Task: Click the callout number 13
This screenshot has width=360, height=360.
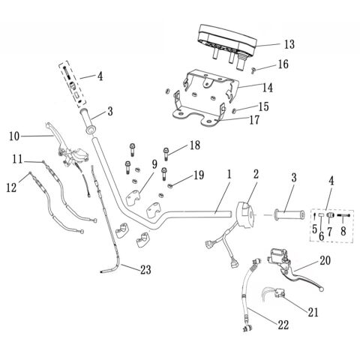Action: pos(289,44)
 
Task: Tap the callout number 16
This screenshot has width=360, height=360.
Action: pos(283,64)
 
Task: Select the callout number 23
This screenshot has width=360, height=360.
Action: pos(145,270)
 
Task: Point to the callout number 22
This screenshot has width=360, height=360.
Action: pos(283,325)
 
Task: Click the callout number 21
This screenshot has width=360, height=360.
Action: pos(313,312)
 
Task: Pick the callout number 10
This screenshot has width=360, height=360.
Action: pos(14,136)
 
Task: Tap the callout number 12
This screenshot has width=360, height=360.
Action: pos(11,187)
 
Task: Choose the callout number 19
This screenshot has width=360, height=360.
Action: pos(199,175)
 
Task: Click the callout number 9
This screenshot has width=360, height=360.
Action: pos(154,164)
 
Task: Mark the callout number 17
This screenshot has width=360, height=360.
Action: pos(254,120)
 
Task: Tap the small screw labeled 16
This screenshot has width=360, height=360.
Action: pos(253,71)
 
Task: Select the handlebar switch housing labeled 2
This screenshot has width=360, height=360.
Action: pos(245,214)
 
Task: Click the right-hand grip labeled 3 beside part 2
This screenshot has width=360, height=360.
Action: pos(289,215)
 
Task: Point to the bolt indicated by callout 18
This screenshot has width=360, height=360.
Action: pos(166,154)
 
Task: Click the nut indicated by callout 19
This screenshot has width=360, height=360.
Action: pos(169,185)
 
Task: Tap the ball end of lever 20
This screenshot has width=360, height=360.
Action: pos(322,289)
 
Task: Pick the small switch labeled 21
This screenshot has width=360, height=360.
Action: pos(280,292)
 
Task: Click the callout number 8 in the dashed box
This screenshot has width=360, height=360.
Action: pos(343,231)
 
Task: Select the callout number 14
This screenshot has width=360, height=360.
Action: pos(268,88)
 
